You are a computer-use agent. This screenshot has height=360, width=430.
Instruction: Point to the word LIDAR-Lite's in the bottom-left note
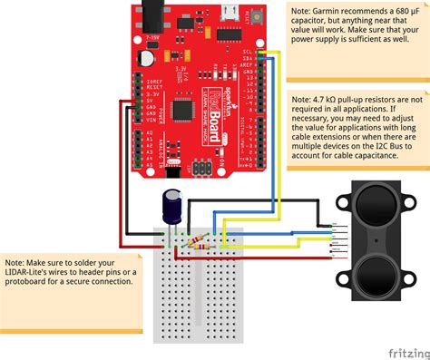tap(33, 270)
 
